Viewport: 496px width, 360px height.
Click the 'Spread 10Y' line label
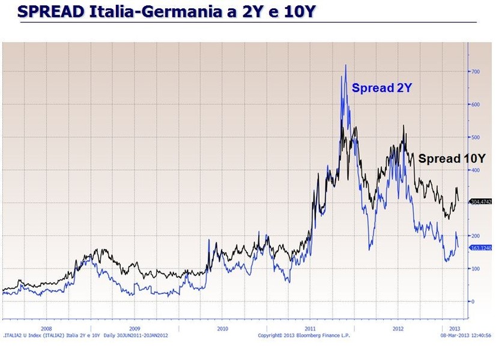(452, 159)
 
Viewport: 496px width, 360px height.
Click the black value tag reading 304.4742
(480, 202)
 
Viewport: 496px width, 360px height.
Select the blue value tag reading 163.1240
(480, 247)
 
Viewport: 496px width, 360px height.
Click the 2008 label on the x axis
(46, 329)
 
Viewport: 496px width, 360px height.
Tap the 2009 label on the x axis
(134, 329)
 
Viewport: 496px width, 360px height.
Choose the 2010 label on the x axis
(222, 329)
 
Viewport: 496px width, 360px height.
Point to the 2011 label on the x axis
(310, 329)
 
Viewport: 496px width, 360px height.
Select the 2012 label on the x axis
(398, 329)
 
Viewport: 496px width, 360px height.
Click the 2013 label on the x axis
(456, 329)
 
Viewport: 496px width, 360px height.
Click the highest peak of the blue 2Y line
(346, 65)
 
